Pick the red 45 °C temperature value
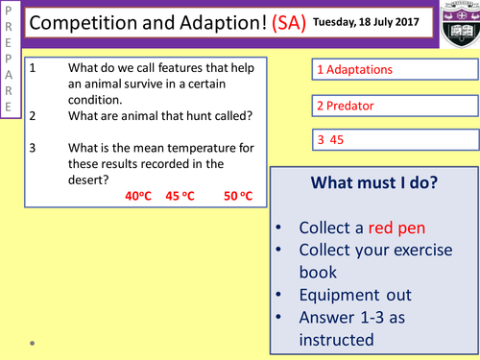180,196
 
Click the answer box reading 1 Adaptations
394,70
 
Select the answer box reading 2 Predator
394,105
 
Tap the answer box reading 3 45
394,140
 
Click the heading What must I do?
374,182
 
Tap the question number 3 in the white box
34,147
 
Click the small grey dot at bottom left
32,341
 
